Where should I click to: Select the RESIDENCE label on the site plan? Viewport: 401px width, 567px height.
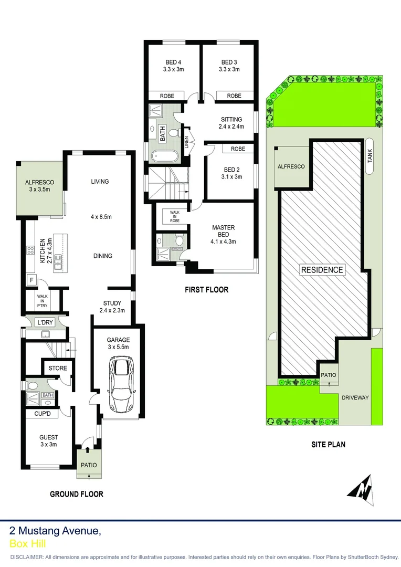322,270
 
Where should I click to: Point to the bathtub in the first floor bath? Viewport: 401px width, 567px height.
164,156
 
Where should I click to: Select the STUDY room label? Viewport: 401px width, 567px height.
112,303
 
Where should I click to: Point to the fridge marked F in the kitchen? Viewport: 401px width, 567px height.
31,280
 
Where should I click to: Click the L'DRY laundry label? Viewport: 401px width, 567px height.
44,322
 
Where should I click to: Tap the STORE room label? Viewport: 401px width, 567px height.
58,368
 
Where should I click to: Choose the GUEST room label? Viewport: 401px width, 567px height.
48,437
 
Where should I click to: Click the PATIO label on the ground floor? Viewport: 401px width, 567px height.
88,465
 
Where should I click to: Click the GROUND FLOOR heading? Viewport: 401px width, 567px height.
77,494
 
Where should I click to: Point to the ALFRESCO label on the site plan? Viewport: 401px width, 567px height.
291,166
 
